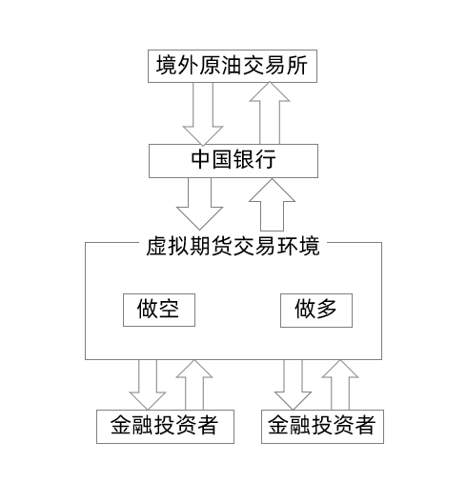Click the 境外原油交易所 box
coord(233,66)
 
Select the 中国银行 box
coord(233,161)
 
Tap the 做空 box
coord(159,310)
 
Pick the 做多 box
coord(316,311)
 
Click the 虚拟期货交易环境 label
coord(233,247)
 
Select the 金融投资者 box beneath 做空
coord(165,427)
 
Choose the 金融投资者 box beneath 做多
coord(322,427)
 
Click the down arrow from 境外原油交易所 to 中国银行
coord(203,114)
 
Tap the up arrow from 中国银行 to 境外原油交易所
coord(270,113)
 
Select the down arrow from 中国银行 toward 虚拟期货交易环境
coord(199,204)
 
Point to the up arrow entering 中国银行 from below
coord(272,205)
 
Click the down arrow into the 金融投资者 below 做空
coord(148,385)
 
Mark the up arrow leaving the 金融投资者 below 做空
coord(194,385)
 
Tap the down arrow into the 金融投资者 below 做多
coord(293,385)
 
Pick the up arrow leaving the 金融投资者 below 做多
coord(340,385)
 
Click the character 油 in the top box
coord(232,66)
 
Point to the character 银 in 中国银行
coord(244,159)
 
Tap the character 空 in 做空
coord(169,309)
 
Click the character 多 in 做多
coord(326,309)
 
